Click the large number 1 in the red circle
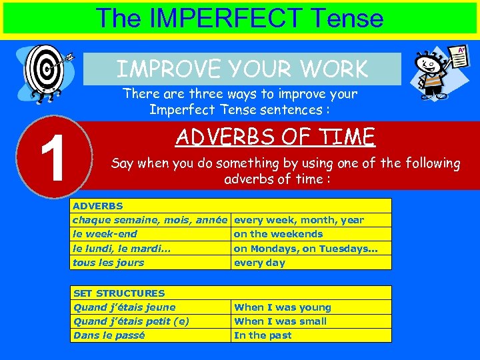coord(52,159)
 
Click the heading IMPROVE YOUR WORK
coord(242,69)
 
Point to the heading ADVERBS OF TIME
coord(275,137)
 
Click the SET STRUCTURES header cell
coord(231,293)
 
